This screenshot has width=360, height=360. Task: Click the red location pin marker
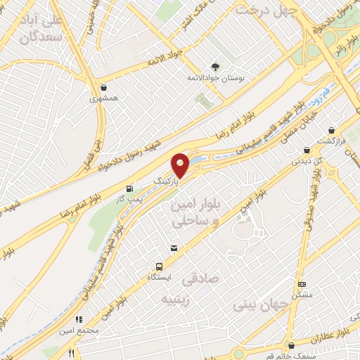[181, 165]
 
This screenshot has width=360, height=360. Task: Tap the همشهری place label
[105, 99]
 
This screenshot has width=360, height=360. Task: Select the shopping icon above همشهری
[105, 88]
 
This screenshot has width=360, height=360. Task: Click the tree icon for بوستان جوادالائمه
[215, 67]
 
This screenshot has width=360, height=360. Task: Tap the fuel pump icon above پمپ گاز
[129, 188]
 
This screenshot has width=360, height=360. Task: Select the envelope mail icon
[174, 248]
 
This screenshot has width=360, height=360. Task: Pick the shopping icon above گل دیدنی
[307, 149]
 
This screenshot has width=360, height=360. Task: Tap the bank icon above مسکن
[302, 284]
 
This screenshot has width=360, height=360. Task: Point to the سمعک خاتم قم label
[292, 356]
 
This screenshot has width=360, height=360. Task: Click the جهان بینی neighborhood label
[257, 307]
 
